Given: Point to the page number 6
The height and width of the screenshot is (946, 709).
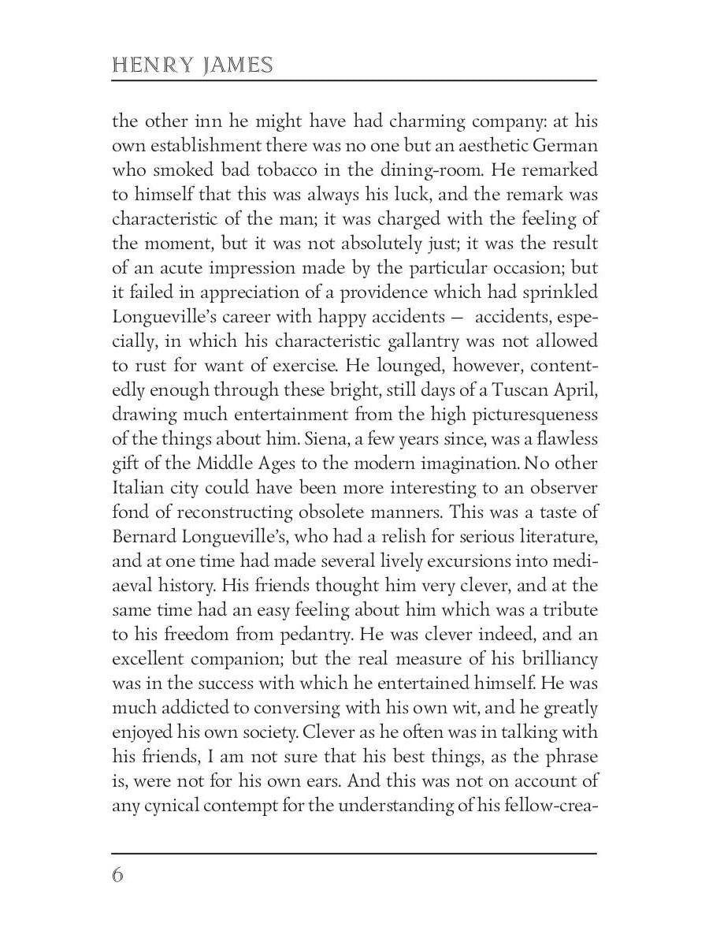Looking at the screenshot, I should click(x=117, y=875).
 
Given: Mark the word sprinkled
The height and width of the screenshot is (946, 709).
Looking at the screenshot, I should click(x=562, y=292).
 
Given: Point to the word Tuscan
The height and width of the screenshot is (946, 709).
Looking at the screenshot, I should click(x=512, y=390).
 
